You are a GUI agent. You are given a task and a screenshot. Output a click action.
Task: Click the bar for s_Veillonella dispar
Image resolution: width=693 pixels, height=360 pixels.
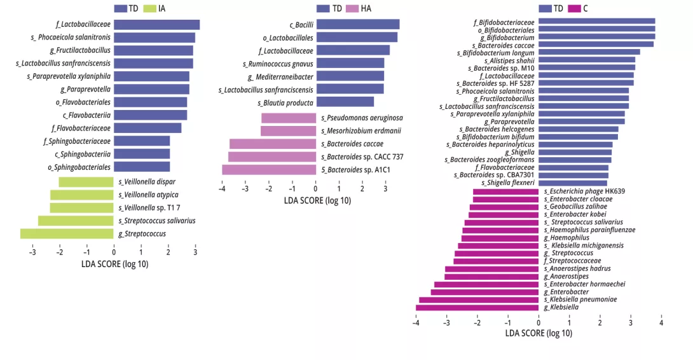point(86,182)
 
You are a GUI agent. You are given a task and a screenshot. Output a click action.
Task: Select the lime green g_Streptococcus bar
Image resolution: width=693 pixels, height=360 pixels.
point(67,233)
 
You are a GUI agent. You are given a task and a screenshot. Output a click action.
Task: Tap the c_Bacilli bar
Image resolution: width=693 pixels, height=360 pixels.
point(358,24)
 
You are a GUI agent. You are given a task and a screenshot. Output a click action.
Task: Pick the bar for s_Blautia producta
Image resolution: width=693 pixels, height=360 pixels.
point(345,102)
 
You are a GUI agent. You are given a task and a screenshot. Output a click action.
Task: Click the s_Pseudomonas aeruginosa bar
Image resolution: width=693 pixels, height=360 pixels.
point(288,118)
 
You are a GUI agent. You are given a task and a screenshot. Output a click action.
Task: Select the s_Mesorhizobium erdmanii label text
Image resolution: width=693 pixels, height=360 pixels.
point(360,131)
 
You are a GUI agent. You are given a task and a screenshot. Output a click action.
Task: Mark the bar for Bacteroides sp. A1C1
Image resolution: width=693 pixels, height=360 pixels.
point(269,170)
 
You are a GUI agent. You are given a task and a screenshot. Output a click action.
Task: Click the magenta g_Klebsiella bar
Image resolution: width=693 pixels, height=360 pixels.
point(477,308)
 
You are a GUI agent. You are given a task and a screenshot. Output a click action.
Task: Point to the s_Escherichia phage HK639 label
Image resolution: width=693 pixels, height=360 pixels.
point(584,191)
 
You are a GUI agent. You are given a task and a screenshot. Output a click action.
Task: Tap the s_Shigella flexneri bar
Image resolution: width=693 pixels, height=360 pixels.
point(573,183)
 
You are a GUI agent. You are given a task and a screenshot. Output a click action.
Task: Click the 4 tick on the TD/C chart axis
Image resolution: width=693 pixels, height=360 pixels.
point(661,322)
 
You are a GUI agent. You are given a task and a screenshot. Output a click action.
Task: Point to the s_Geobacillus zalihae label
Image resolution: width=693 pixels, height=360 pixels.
point(575,207)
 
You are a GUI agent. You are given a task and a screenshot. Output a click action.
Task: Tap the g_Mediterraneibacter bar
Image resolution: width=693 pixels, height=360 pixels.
point(350,76)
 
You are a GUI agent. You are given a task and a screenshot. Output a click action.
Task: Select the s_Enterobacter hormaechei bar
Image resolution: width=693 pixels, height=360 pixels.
point(486,284)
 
